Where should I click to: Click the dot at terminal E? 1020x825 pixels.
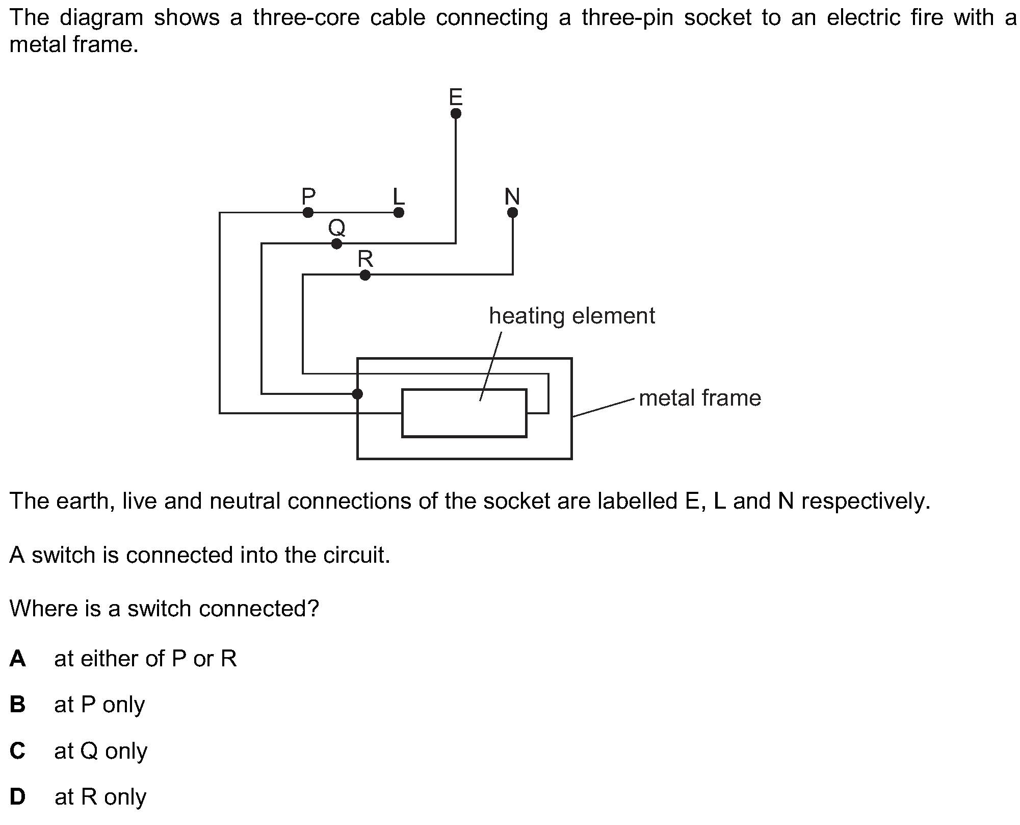(x=456, y=113)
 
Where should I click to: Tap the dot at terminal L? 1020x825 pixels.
(x=399, y=212)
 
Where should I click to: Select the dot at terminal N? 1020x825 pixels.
(x=513, y=212)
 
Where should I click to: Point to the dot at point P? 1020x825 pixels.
(x=308, y=212)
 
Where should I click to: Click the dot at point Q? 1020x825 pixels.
(x=336, y=244)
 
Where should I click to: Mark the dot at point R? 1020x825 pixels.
(x=365, y=276)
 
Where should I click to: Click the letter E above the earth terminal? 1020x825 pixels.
(x=456, y=96)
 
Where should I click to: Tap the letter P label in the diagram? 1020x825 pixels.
(x=308, y=196)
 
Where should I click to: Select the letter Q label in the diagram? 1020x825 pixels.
(x=336, y=227)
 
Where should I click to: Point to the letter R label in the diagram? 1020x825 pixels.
(x=365, y=259)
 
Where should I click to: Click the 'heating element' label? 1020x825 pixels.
(x=571, y=316)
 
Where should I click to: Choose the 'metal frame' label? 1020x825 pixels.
(x=699, y=398)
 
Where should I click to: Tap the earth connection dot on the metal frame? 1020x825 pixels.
(x=357, y=394)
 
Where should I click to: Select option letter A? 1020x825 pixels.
(x=17, y=659)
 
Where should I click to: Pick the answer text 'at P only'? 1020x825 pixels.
(x=99, y=705)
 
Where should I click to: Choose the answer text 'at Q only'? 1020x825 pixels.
(x=100, y=751)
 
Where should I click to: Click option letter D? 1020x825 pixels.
(x=17, y=796)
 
